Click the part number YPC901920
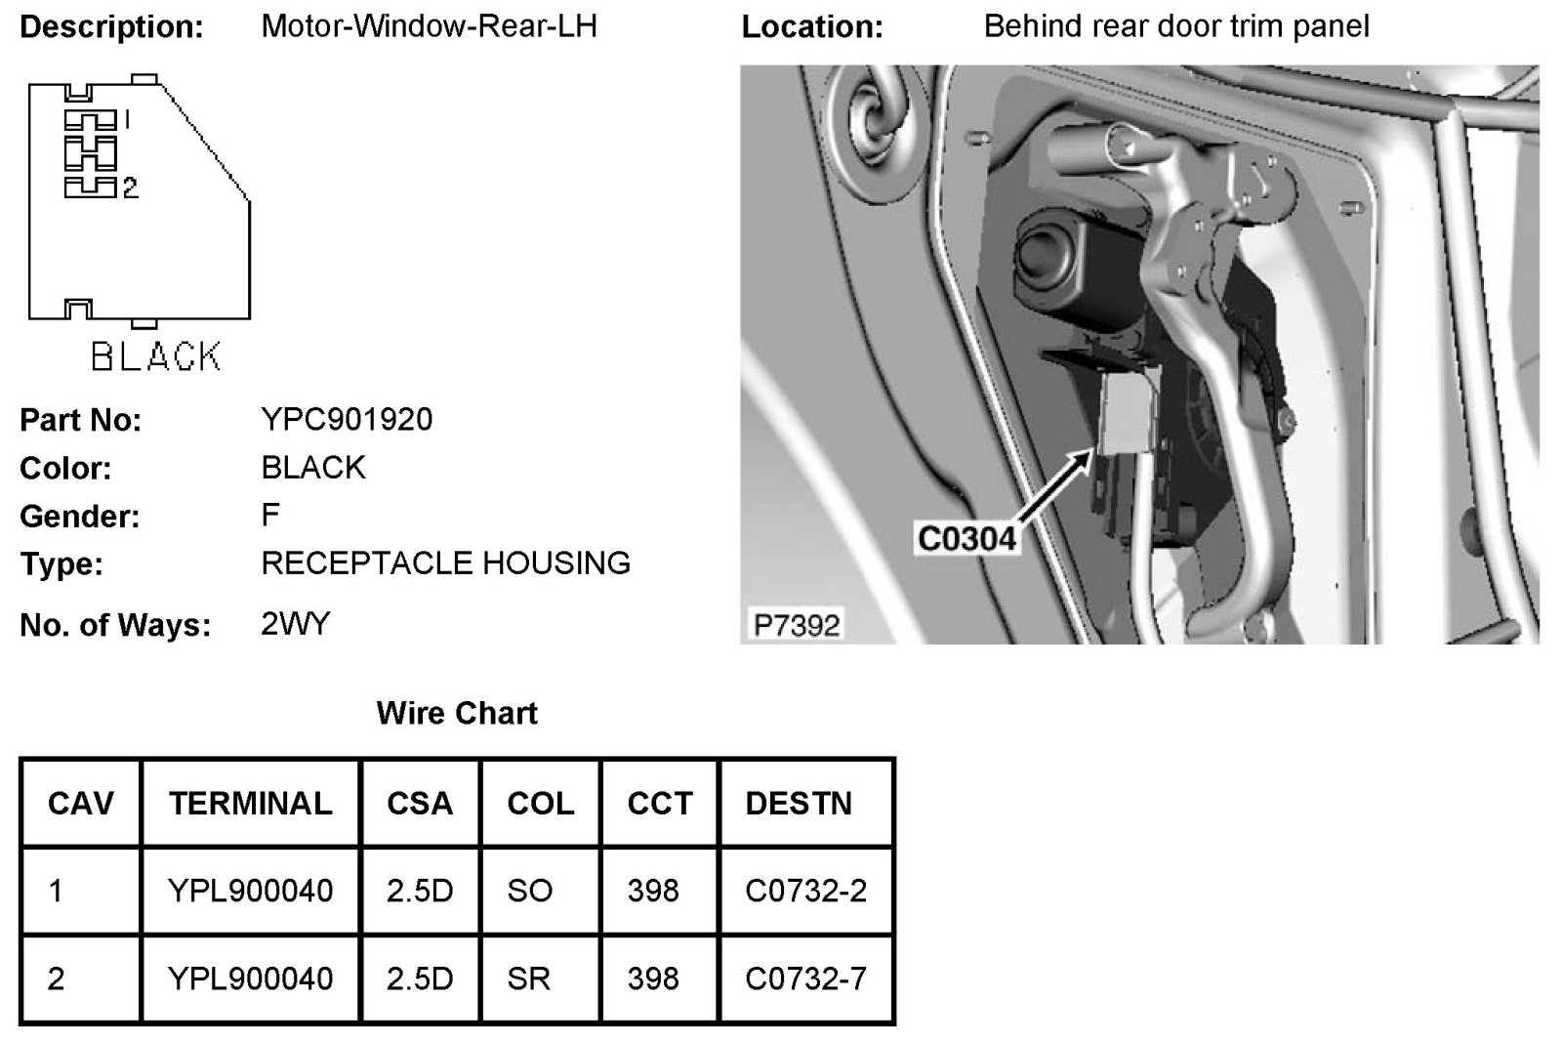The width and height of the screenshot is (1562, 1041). pos(347,420)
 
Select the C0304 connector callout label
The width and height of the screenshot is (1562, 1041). pos(966,539)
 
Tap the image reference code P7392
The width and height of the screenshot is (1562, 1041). pos(797,624)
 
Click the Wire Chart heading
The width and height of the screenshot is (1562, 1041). pos(457,713)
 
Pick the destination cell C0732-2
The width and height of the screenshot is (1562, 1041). pos(805,891)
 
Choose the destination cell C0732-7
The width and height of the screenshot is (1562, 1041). pos(805,979)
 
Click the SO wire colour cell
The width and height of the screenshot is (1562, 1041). pos(529,891)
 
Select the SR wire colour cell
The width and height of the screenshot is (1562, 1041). pos(528,979)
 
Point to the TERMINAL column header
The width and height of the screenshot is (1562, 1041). pos(250,804)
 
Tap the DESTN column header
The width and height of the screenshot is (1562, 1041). pos(799,804)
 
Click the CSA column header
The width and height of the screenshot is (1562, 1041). pos(420,804)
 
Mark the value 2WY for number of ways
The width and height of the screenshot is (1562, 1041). pos(296,624)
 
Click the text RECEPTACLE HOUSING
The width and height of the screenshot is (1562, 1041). pos(445,563)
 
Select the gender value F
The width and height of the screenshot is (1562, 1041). pos(270,515)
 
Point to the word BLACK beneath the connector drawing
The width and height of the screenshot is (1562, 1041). pos(156,356)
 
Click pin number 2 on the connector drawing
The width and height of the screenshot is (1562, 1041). pos(130,187)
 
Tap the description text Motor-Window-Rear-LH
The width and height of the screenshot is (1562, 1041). pos(429,25)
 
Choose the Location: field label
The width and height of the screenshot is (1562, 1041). pos(811,26)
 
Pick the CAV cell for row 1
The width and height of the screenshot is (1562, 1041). pos(56,891)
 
